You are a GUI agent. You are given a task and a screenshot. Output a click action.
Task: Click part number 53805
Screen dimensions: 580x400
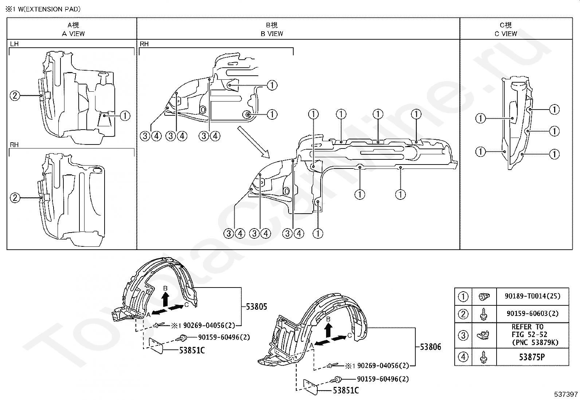[256, 307]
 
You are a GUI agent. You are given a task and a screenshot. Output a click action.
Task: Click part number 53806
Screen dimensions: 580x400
[430, 347]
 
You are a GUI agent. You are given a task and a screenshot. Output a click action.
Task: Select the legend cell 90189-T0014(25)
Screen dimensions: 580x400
[533, 296]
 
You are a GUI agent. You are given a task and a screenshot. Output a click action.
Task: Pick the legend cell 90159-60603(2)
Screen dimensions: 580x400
[533, 314]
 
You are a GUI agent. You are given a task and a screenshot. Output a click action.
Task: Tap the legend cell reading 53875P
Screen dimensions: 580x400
[532, 357]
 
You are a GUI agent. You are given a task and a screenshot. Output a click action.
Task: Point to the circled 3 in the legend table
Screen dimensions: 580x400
[463, 336]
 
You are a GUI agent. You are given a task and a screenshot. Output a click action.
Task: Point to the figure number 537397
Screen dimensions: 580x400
[565, 394]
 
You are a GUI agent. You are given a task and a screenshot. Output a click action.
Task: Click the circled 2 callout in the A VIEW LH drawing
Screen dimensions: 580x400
[15, 96]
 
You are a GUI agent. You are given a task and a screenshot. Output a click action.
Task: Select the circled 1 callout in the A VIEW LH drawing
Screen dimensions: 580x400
[125, 116]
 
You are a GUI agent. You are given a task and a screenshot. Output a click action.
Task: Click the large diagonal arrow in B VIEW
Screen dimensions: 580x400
[254, 142]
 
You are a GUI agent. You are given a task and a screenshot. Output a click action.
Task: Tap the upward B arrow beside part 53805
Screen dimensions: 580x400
[165, 299]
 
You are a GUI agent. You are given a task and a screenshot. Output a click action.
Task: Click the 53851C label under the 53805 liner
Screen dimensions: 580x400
[192, 351]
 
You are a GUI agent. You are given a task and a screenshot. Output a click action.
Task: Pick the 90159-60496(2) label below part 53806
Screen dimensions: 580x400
[383, 379]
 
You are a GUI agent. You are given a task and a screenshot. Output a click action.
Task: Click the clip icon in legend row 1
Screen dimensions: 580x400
[484, 296]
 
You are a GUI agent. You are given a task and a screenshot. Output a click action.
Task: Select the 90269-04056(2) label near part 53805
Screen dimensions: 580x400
[209, 325]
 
